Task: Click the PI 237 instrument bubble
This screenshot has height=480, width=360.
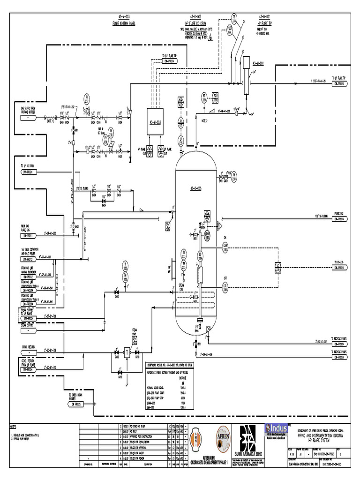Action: click(x=86, y=98)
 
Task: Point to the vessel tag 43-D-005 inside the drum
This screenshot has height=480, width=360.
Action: click(x=195, y=188)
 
